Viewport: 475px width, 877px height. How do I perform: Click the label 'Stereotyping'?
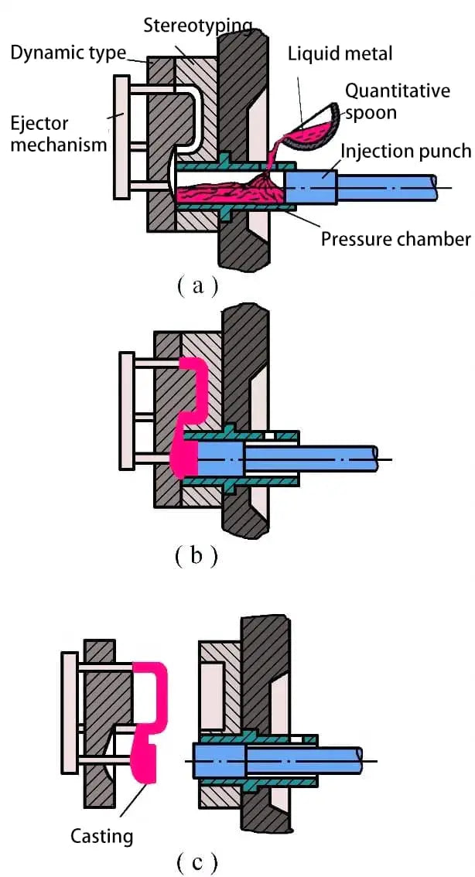[x=198, y=26]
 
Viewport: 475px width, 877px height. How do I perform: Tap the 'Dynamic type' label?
[x=68, y=53]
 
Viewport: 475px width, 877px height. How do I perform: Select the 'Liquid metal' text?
[x=340, y=53]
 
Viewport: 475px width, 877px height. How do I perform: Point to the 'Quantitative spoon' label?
[x=397, y=101]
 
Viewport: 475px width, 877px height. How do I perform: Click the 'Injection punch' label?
[x=406, y=149]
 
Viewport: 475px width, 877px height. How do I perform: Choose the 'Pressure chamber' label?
[x=395, y=238]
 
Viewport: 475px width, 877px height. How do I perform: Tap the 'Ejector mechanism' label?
[x=51, y=133]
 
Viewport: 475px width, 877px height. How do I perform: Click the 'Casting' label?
[x=101, y=835]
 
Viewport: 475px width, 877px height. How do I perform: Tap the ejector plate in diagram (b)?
[x=127, y=410]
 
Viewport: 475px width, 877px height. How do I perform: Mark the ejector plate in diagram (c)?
[x=70, y=711]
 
